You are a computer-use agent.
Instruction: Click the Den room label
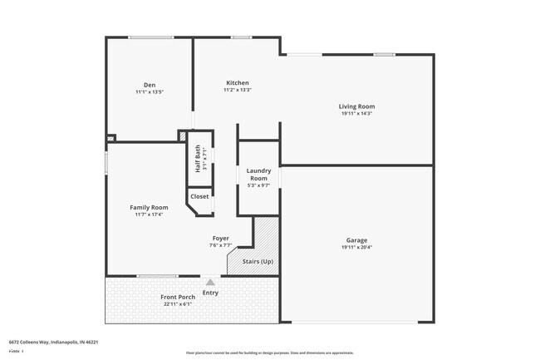(150, 85)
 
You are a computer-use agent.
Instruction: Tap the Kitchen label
(237, 83)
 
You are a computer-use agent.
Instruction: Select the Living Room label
(356, 106)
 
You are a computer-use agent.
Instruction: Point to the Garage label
(356, 240)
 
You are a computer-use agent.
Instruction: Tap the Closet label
(199, 196)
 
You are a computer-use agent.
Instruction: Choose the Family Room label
(149, 207)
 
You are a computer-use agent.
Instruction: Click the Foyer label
(220, 239)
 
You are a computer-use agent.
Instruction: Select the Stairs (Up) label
(257, 262)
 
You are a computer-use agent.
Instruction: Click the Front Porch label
(178, 297)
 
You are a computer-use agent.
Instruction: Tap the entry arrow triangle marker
(210, 283)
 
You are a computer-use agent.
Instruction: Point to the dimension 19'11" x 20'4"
(356, 248)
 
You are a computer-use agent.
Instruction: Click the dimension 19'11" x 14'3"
(356, 114)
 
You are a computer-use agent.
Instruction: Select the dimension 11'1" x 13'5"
(150, 92)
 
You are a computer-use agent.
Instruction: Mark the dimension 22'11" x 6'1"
(178, 304)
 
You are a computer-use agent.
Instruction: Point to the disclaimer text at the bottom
(269, 353)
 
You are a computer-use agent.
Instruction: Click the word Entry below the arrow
(210, 293)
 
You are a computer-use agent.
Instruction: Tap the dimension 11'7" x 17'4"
(149, 215)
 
